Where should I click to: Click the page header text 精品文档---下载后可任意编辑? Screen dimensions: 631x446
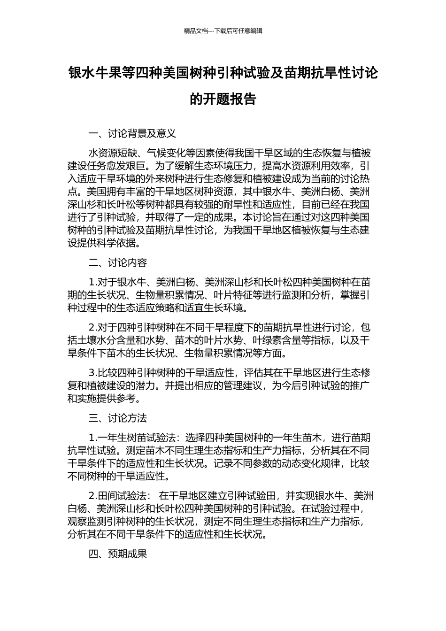pyautogui.click(x=223, y=31)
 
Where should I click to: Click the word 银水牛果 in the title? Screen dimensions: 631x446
pyautogui.click(x=95, y=73)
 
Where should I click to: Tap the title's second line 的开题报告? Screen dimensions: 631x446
pyautogui.click(x=223, y=99)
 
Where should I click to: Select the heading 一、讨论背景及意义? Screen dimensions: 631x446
pyautogui.click(x=132, y=133)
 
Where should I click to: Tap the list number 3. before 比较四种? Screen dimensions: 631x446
pyautogui.click(x=92, y=373)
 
